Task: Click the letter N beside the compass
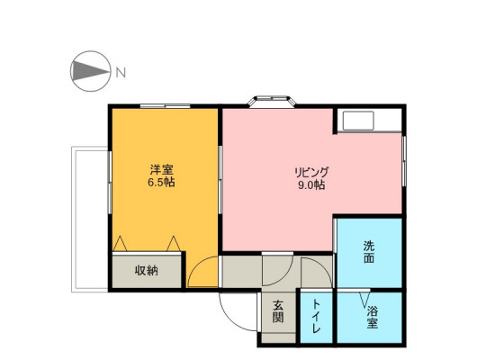point(121,73)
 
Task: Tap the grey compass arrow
point(90,71)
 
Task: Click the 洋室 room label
point(161,170)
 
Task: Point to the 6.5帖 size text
point(161,183)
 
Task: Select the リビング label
point(311,173)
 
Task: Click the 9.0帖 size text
point(311,185)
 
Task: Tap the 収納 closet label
point(147,271)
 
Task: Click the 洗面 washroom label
point(369,252)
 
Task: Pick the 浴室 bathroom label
point(372,317)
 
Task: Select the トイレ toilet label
point(316,316)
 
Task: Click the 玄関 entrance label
point(278,311)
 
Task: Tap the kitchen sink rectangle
point(358,121)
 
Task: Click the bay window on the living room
point(272,102)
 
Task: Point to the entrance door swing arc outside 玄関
point(231,319)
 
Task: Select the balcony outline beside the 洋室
point(73,220)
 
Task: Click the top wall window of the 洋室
point(165,106)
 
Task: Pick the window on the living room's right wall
point(404,161)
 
